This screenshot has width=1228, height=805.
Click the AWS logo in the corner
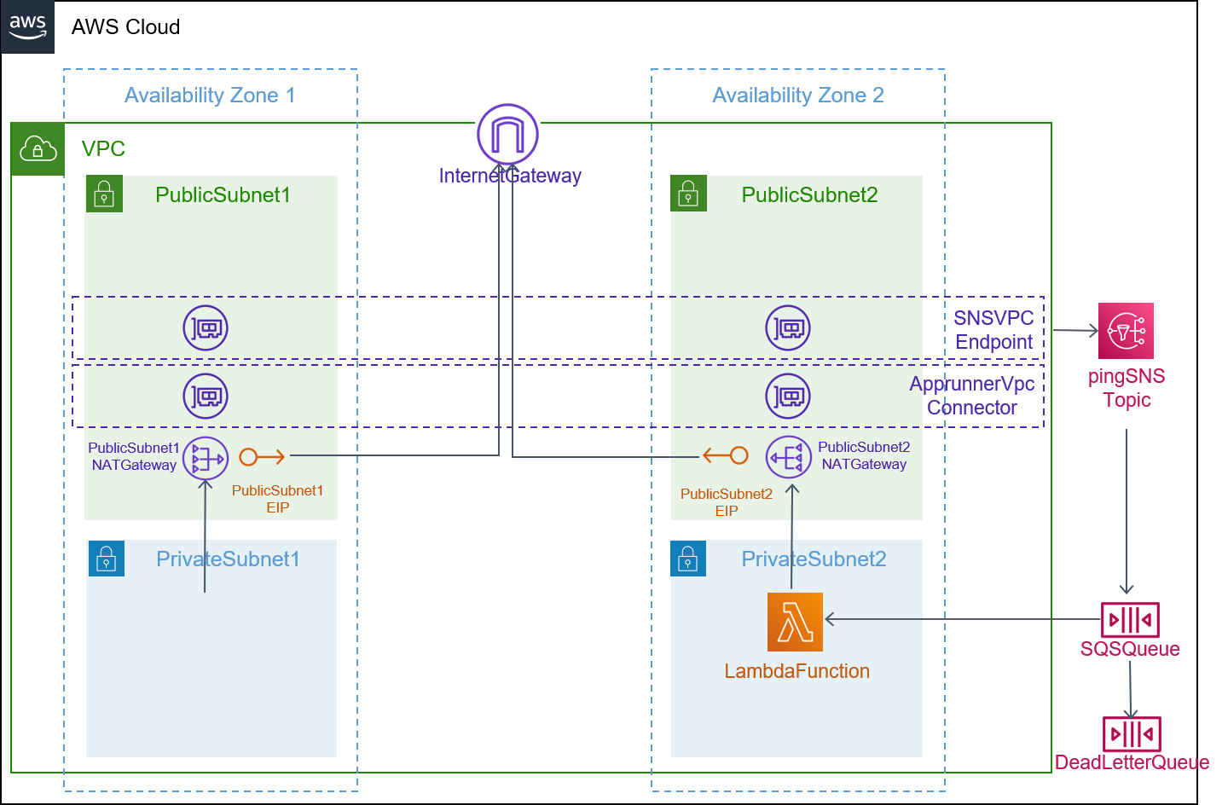27,27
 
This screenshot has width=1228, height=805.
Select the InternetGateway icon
507,135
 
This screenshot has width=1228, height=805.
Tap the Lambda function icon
795,622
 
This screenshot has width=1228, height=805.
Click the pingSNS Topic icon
1126,331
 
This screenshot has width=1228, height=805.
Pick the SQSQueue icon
1130,620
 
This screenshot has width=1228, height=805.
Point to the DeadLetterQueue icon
1132,733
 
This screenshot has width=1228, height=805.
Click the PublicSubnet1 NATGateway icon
206,458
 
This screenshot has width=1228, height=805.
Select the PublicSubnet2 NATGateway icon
788,457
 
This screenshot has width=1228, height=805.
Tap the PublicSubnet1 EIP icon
262,456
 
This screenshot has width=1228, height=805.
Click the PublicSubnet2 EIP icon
725,455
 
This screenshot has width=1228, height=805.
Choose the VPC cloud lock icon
38,149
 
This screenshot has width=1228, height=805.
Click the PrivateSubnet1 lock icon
107,559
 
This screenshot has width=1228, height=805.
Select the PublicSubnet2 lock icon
688,193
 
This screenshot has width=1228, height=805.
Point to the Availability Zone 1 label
210,95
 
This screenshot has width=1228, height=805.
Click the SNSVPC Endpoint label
993,329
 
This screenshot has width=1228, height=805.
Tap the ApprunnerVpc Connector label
972,396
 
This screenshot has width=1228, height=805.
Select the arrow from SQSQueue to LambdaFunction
963,619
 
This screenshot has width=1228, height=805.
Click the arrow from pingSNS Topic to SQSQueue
1127,512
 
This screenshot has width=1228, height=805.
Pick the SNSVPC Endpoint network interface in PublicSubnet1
206,328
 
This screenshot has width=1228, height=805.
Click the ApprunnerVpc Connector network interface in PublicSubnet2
788,396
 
